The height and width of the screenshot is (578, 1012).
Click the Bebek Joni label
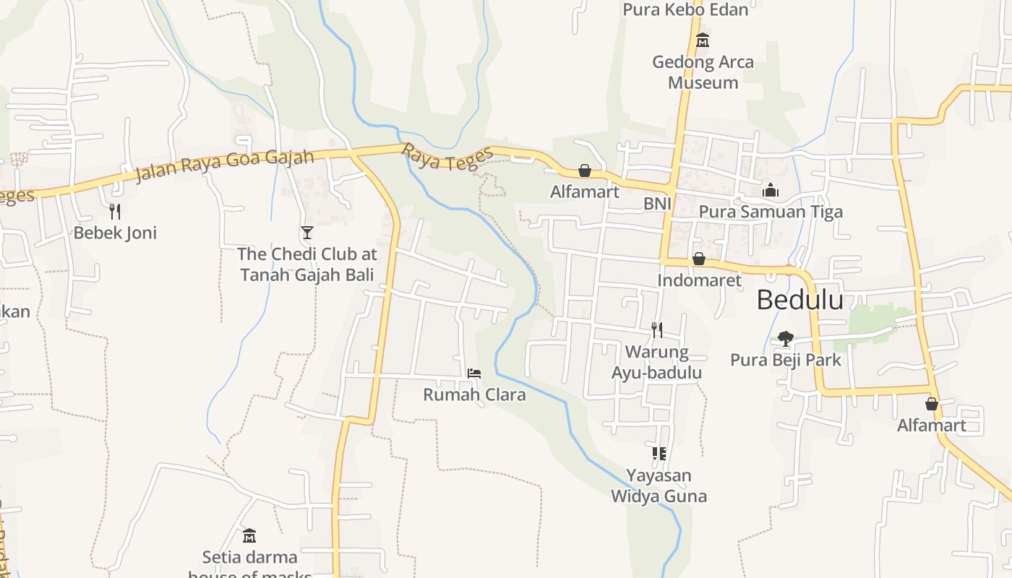(115, 233)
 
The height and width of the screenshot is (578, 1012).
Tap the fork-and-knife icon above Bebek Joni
(114, 211)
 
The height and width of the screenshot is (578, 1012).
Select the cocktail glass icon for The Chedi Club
(307, 232)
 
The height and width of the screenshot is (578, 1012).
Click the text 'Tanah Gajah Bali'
(306, 275)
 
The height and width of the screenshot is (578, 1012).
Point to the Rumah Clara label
(474, 394)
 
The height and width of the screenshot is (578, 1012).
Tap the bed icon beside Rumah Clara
(474, 373)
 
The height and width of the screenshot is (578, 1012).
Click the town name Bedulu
(799, 299)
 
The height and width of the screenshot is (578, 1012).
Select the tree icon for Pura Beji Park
(786, 338)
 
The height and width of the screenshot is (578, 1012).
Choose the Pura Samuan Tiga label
(771, 212)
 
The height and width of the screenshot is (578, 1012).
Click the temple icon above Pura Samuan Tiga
(771, 191)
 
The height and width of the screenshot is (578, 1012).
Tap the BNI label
(658, 204)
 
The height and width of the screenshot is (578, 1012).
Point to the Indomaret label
(699, 280)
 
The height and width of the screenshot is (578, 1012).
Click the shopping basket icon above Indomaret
(699, 259)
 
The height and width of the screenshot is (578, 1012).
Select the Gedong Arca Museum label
(703, 72)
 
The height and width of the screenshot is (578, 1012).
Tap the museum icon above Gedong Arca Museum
(703, 40)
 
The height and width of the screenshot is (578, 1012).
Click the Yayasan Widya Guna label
(659, 486)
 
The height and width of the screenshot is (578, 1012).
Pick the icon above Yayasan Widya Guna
(659, 454)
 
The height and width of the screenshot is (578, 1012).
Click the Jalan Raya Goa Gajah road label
(225, 165)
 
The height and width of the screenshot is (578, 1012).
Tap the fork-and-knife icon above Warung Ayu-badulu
(657, 330)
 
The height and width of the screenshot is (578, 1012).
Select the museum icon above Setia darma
(249, 535)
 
